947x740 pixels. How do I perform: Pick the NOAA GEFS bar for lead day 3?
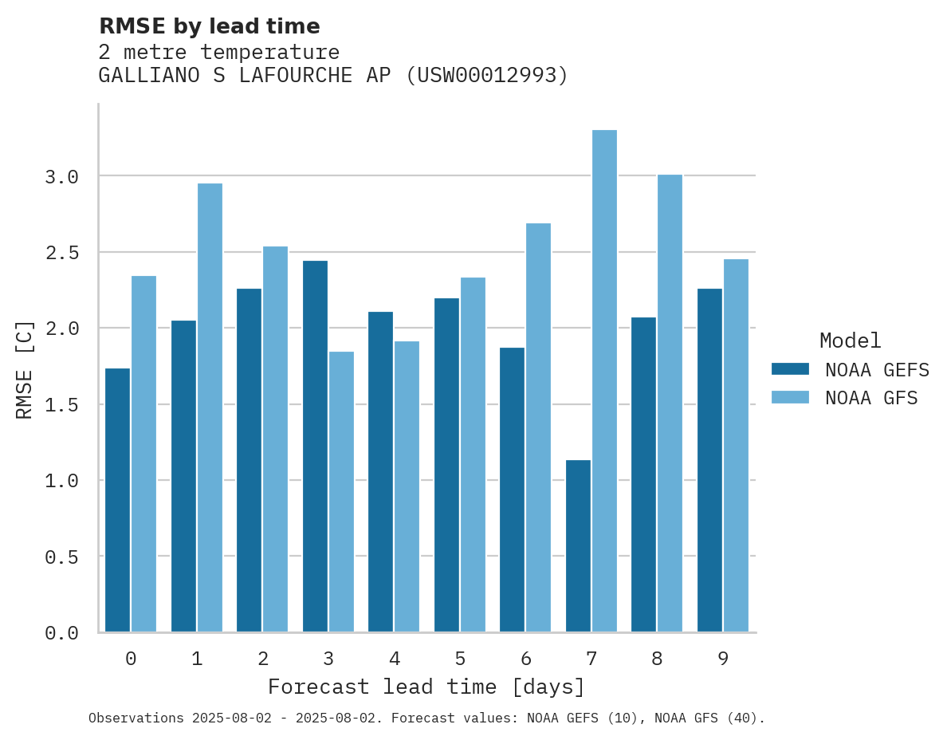[x=315, y=446]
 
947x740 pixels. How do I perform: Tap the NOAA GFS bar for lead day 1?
[x=210, y=407]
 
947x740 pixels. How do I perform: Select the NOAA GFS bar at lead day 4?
[x=407, y=486]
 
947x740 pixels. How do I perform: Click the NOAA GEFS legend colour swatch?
[x=790, y=369]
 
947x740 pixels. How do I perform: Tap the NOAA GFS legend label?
[x=871, y=398]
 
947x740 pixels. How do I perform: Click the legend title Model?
[x=850, y=340]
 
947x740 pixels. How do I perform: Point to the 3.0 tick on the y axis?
[x=61, y=176]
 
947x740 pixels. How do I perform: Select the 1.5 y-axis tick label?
[x=61, y=405]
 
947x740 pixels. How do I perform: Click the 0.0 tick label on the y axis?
[x=61, y=633]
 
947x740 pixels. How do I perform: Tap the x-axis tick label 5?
[x=460, y=659]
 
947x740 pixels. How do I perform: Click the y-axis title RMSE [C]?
[x=26, y=369]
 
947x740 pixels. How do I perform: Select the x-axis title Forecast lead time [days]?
[x=426, y=687]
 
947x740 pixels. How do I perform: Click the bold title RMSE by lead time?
[x=209, y=26]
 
